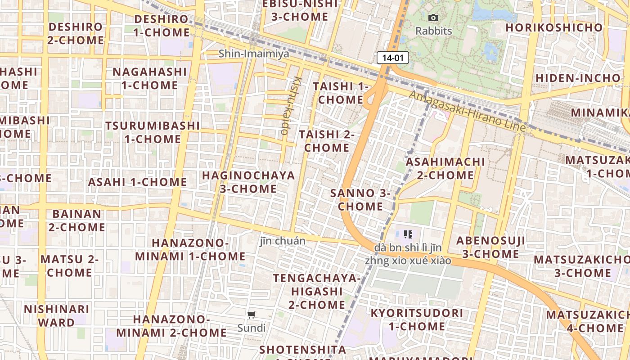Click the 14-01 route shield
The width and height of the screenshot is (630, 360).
pos(393,58)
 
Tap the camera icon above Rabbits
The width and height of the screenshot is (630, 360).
pos(433,18)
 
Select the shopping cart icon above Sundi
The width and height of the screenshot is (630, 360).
pos(252,315)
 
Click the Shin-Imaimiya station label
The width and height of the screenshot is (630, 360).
pos(254,54)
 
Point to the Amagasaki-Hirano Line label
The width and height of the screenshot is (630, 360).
pos(467,111)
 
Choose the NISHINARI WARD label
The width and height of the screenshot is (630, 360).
pos(57,316)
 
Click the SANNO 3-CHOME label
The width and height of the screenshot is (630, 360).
pos(360,200)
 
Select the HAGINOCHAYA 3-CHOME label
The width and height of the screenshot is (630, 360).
pos(248,182)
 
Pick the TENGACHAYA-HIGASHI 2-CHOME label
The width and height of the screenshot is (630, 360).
pos(317,291)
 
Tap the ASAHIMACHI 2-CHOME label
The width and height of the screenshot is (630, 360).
pos(445,168)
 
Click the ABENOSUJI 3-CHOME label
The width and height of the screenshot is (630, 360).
pos(490,247)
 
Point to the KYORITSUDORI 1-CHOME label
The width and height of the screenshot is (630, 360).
pos(417,319)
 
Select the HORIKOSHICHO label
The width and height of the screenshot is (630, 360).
pos(554,27)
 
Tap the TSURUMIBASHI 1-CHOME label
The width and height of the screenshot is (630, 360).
pos(153,132)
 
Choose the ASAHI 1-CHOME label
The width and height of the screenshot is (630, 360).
pos(137,182)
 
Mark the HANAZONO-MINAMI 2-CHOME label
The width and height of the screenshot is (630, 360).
pos(171,326)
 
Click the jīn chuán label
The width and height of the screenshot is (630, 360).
pos(283,241)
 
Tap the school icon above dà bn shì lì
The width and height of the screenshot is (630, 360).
pos(408,234)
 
